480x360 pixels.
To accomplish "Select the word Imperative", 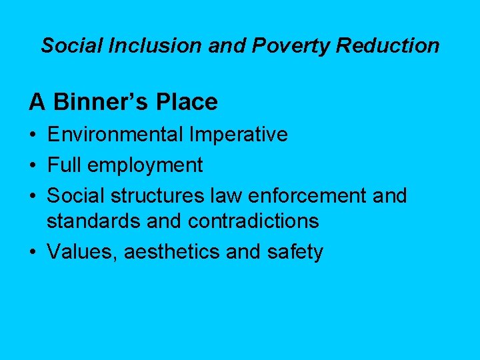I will click(239, 135).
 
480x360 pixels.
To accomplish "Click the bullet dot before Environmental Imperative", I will click(33, 135).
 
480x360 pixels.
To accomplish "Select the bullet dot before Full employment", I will click(33, 165).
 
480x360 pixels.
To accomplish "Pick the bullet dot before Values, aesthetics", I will click(33, 252).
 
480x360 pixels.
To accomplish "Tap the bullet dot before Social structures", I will click(33, 196).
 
